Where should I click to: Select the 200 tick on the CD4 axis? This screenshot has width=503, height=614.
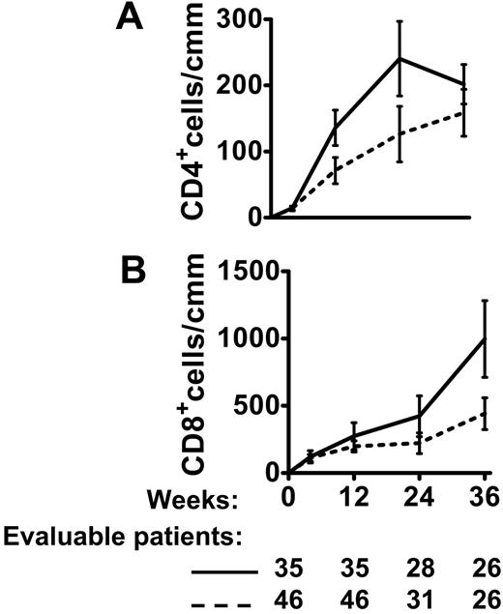(243, 85)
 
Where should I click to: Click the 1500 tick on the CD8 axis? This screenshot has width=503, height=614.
(233, 274)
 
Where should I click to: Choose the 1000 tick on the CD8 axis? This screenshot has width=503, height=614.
(233, 339)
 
